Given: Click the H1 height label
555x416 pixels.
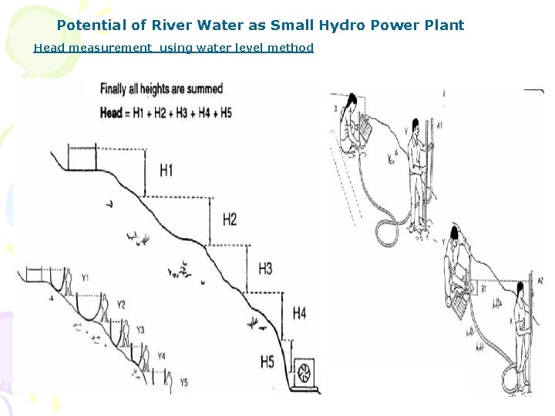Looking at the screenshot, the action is click(x=166, y=170).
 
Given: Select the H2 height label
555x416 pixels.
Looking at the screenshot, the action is click(x=230, y=220).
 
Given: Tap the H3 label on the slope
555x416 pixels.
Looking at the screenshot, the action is click(x=264, y=269).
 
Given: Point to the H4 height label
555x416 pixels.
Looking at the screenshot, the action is click(x=299, y=314).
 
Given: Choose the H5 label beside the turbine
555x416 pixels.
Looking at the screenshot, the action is click(x=267, y=361).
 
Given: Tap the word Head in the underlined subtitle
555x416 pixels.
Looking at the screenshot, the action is click(x=47, y=48).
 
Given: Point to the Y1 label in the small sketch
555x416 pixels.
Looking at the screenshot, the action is click(x=85, y=277).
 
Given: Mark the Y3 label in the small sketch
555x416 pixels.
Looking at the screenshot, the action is click(x=140, y=330).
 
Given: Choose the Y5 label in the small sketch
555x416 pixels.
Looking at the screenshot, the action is click(x=183, y=381).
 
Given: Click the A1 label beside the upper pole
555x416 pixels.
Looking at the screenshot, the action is click(x=439, y=125).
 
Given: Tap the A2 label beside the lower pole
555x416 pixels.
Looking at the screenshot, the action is click(x=540, y=280).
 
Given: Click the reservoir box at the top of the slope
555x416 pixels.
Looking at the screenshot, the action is click(x=82, y=158).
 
